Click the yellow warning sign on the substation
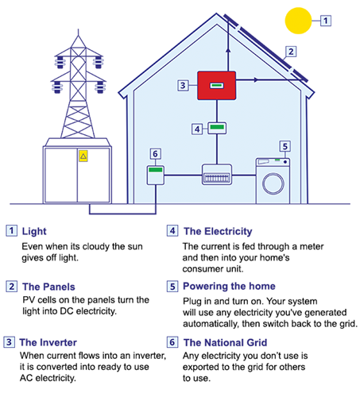82,157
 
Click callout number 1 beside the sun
325,19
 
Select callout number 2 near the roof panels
291,52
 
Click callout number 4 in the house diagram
198,128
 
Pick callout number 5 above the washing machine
284,146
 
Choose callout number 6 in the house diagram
156,154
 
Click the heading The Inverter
50,343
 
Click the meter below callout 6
156,175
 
